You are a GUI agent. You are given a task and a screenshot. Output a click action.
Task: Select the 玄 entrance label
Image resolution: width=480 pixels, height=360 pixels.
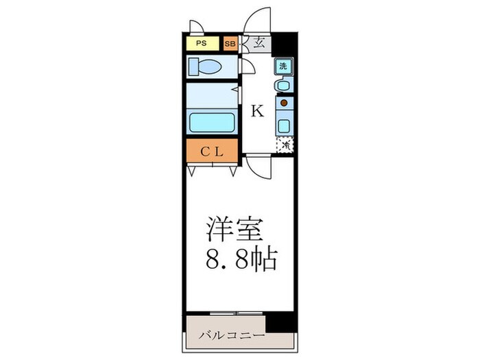259,43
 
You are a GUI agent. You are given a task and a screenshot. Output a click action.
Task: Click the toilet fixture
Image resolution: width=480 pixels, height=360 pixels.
206,67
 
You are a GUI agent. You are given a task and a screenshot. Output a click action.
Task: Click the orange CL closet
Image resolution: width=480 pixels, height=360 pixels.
211,152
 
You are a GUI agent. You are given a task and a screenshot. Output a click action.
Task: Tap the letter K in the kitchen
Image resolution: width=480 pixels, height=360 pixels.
257,111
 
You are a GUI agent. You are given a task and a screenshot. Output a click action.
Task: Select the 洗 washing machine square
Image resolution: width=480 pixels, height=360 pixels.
283,67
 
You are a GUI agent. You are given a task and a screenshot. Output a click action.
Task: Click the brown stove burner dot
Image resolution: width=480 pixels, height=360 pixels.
283,103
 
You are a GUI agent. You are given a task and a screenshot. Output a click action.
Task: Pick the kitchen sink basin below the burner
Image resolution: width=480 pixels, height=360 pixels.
283,125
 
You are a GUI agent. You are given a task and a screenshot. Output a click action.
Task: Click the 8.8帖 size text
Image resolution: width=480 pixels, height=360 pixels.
240,260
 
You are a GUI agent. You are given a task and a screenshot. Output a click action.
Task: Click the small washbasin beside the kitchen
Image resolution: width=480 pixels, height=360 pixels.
282,85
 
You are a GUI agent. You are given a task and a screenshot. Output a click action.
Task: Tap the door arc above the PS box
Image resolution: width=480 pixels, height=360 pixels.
197,27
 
